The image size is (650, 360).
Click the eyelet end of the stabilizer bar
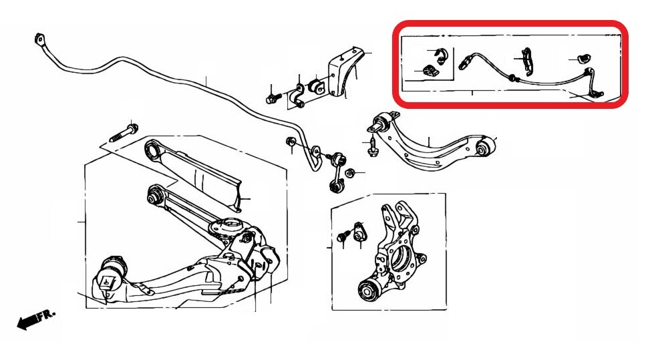[39, 40]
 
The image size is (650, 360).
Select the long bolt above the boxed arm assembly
[124, 132]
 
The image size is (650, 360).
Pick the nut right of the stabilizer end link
[350, 172]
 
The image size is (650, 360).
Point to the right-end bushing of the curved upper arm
[485, 147]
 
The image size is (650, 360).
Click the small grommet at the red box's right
[585, 59]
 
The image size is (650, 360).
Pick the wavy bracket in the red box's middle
[527, 61]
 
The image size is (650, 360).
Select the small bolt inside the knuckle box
[343, 237]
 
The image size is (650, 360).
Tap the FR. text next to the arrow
[47, 315]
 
